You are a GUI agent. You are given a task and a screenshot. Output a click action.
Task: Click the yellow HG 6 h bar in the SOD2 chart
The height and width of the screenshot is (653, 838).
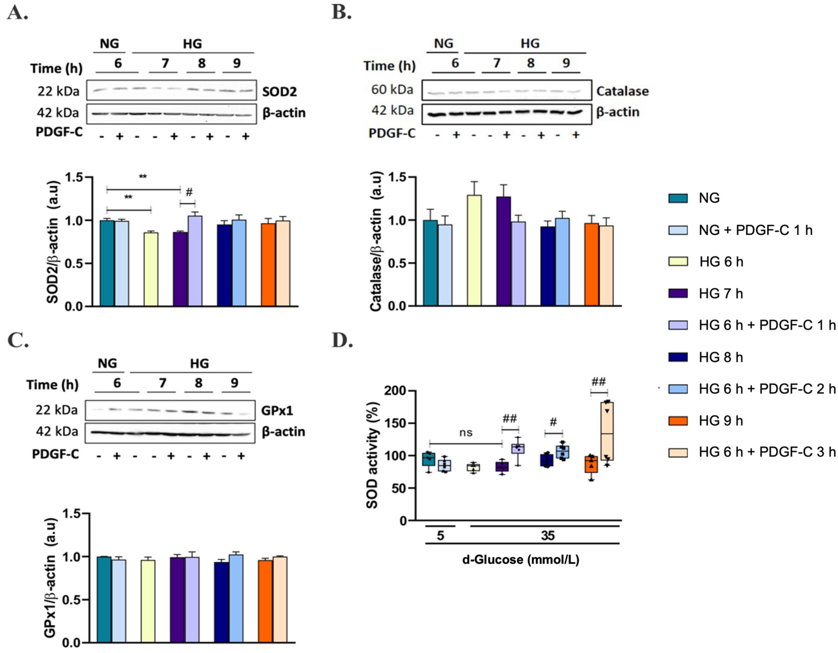(x=151, y=269)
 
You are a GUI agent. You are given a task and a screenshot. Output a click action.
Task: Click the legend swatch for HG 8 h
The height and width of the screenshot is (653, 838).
(x=678, y=357)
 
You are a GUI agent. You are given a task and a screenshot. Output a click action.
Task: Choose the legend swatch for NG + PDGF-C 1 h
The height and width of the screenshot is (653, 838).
(x=678, y=230)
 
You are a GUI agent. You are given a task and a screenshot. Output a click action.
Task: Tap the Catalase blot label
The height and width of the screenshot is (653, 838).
(x=622, y=91)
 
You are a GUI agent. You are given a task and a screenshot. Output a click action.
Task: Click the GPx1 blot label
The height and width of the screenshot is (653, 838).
(x=277, y=411)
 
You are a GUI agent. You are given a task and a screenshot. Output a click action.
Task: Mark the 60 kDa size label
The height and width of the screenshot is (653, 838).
(x=392, y=90)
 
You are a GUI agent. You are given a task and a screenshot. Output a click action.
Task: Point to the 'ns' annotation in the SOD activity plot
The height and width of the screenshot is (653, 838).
(x=465, y=433)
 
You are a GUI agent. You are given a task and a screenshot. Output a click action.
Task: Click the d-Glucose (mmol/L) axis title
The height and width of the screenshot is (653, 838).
(x=521, y=560)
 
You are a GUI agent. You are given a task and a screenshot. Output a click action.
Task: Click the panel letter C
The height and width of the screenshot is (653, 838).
(x=18, y=340)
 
